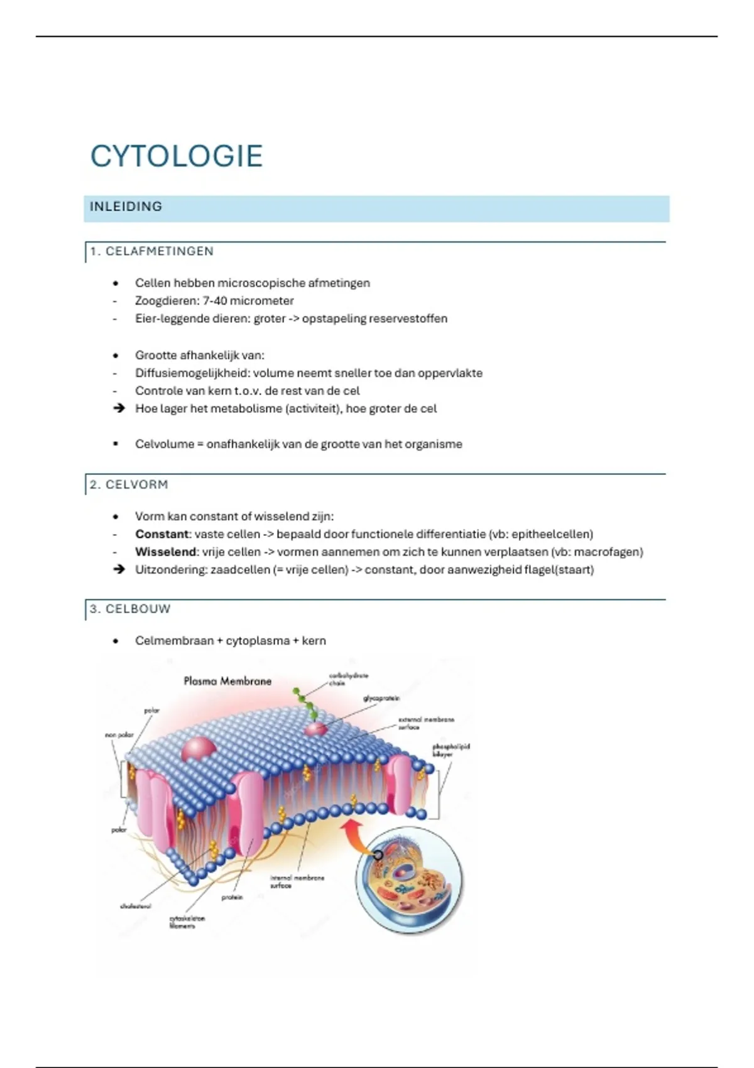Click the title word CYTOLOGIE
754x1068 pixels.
(x=177, y=156)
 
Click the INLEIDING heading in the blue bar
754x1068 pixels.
(x=126, y=207)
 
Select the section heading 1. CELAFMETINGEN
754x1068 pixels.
(x=151, y=251)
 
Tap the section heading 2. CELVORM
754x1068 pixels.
(x=129, y=484)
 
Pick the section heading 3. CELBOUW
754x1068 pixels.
(x=130, y=609)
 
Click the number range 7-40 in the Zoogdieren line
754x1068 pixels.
(x=215, y=301)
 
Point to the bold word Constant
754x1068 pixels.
(x=162, y=534)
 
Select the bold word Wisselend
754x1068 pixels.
(x=165, y=552)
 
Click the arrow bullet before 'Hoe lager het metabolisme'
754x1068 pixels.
(x=118, y=408)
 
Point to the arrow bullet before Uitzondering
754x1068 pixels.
(x=118, y=569)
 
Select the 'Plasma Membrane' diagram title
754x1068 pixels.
(x=227, y=681)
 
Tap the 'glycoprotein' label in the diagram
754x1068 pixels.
(x=381, y=698)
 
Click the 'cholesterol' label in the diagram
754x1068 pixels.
(x=135, y=906)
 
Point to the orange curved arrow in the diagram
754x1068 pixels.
(x=352, y=836)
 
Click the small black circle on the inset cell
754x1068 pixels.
(x=378, y=855)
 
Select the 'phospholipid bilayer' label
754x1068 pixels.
(x=451, y=750)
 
